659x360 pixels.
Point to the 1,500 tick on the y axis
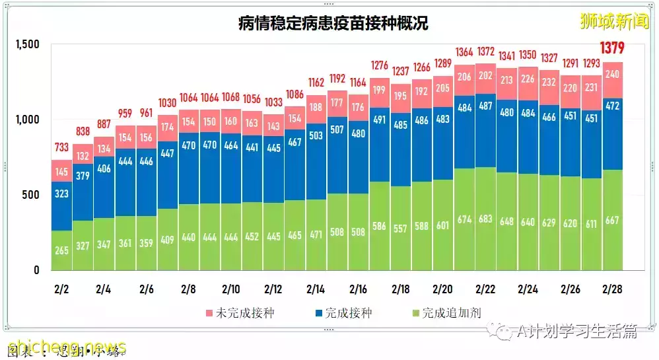click(x=28, y=44)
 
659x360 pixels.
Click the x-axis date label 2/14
click(x=316, y=289)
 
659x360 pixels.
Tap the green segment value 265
click(x=61, y=250)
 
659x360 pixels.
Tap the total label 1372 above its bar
click(x=486, y=52)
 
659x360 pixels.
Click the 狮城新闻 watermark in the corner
click(x=614, y=22)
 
